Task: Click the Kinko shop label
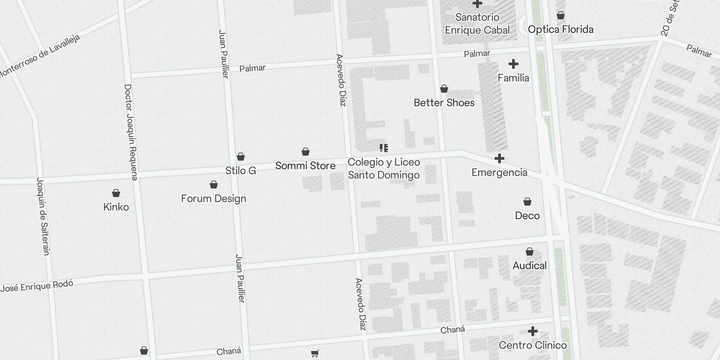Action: tap(116, 207)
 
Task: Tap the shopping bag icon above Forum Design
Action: tap(214, 184)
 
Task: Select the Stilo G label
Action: tap(241, 171)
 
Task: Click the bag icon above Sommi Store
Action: tap(306, 152)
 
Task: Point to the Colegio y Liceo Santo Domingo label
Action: tap(384, 169)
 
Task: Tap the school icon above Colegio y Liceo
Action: tap(383, 148)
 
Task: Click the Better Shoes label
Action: tap(444, 103)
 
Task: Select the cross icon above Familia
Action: tap(513, 64)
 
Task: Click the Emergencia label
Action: tap(499, 172)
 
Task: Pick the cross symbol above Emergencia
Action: tap(499, 158)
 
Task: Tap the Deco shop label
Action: tap(527, 216)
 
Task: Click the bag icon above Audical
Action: tap(530, 252)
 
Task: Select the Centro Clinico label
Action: tap(533, 345)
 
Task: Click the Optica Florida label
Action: tap(561, 29)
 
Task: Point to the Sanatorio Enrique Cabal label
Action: tap(477, 24)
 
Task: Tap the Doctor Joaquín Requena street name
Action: tap(130, 132)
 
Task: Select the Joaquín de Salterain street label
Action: tap(43, 216)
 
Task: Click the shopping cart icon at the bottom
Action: tap(315, 354)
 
